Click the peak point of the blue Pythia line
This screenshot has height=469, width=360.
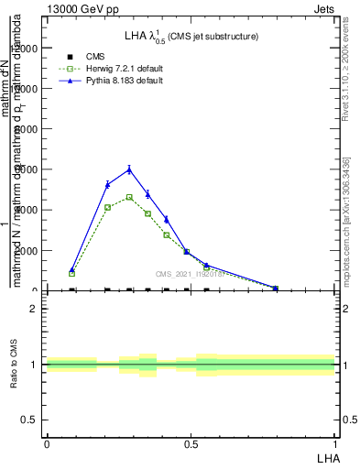click(x=129, y=169)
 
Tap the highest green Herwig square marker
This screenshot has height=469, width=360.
click(x=129, y=197)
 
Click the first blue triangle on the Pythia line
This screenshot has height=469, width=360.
click(x=72, y=270)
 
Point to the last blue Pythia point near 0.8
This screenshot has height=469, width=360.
click(x=276, y=288)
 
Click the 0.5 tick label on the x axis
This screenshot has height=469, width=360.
click(x=191, y=443)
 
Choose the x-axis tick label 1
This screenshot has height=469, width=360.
click(x=335, y=443)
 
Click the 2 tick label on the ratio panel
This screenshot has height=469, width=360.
click(x=35, y=309)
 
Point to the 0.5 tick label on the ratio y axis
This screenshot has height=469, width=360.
click(x=30, y=420)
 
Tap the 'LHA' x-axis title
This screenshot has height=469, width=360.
click(x=327, y=457)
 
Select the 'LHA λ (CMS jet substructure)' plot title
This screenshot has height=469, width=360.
click(x=191, y=37)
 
